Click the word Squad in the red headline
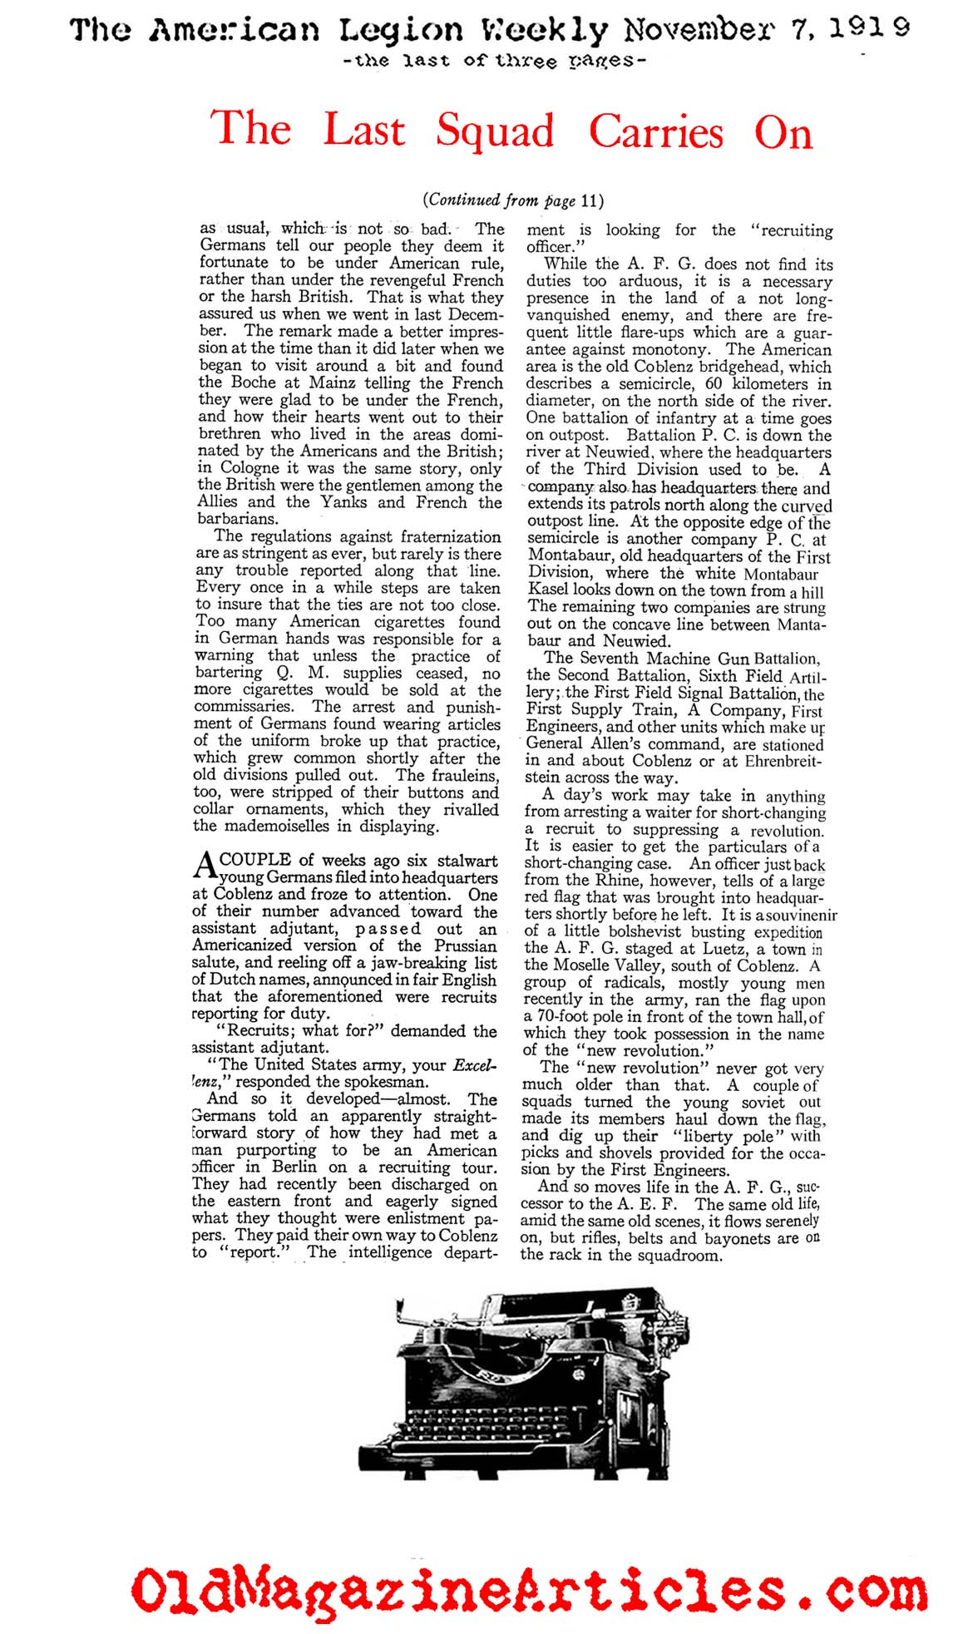[x=495, y=132]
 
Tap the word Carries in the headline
[x=656, y=132]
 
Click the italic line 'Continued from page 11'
[x=512, y=200]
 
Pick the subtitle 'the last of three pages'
[x=494, y=61]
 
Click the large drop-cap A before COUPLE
[x=205, y=866]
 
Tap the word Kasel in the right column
[x=547, y=590]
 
